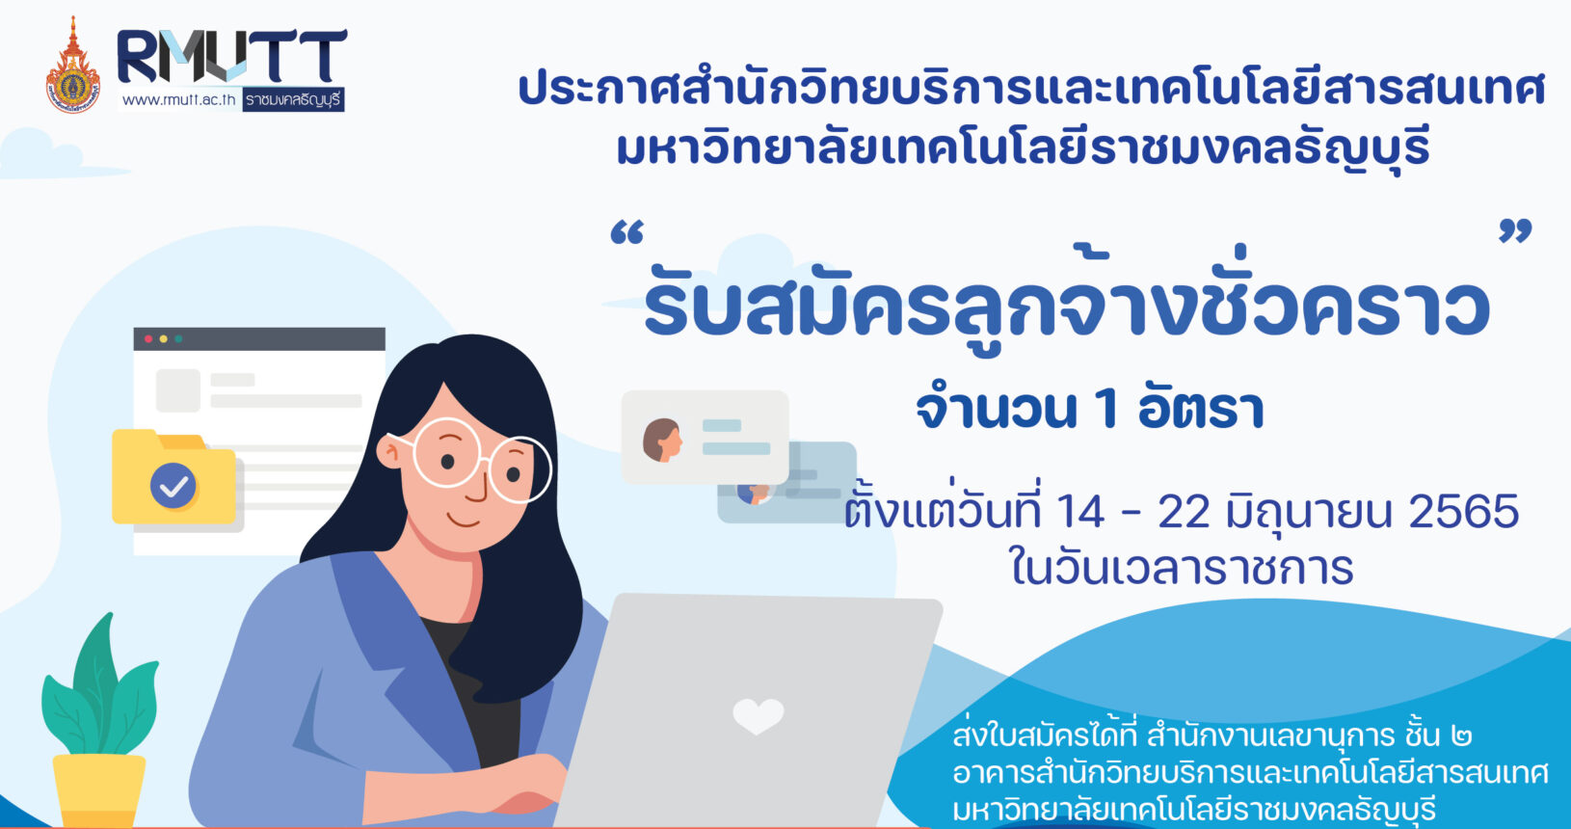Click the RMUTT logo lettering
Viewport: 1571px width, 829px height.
coord(231,56)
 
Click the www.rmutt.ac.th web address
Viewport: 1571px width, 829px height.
coord(179,99)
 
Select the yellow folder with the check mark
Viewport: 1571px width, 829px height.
coord(173,477)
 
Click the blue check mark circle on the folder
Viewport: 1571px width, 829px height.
coord(173,485)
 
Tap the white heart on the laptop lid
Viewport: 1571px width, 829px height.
coord(759,716)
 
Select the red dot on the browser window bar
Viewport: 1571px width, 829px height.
coord(148,338)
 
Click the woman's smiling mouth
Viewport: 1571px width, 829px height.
coord(463,521)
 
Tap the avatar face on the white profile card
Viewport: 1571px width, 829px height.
coord(662,440)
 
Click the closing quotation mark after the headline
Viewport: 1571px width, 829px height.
coord(1515,230)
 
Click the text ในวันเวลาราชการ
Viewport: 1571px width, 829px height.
coord(1181,567)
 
